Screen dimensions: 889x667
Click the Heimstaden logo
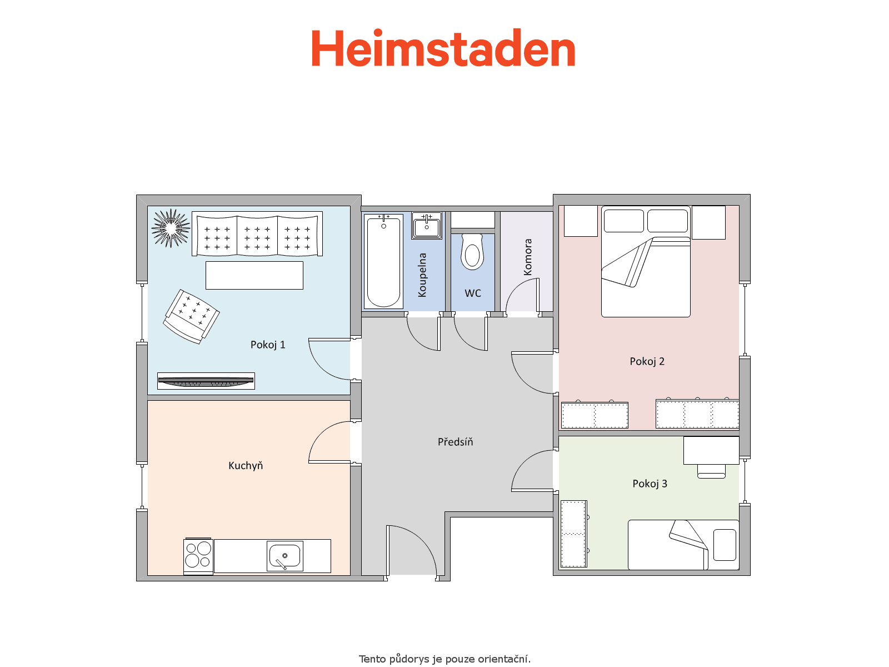click(443, 48)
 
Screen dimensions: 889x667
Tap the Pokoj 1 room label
click(268, 345)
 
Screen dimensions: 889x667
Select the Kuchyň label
click(246, 465)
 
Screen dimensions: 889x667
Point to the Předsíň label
click(455, 441)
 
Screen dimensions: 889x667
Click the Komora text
click(527, 257)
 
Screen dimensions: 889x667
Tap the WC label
click(473, 293)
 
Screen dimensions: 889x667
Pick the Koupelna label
click(422, 275)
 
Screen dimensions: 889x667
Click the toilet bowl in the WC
click(472, 251)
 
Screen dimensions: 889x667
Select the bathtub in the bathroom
click(383, 262)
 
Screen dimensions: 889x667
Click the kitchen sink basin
click(284, 556)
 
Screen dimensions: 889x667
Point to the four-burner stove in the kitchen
click(198, 556)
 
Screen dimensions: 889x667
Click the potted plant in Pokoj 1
click(171, 228)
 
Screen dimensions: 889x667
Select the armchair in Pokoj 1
click(191, 317)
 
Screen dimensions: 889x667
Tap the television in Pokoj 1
click(206, 381)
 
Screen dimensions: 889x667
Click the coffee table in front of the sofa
click(254, 275)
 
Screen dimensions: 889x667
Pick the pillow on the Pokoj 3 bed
click(725, 545)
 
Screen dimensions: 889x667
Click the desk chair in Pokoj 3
click(711, 471)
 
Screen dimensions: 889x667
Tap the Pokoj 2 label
click(647, 361)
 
